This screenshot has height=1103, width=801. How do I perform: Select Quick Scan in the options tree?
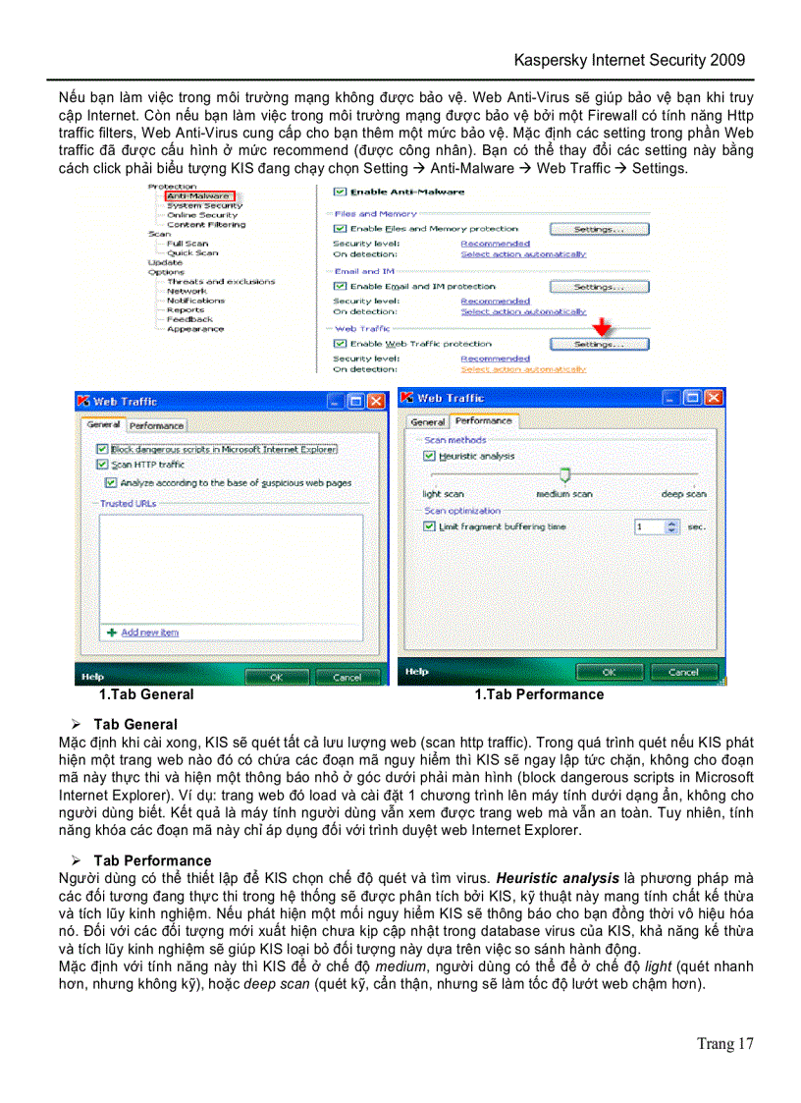[x=192, y=252]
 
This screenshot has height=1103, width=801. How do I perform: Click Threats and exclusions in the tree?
[x=220, y=281]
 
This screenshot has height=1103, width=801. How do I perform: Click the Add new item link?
[x=149, y=633]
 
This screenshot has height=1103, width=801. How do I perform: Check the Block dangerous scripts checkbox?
[x=102, y=449]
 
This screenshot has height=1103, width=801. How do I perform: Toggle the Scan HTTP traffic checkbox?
[x=102, y=465]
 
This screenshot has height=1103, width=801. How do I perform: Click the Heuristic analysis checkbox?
[x=429, y=457]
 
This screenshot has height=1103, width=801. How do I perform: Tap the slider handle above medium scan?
[x=564, y=475]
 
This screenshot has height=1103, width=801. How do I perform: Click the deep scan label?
[x=683, y=494]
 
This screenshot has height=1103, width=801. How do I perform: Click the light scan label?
[x=443, y=494]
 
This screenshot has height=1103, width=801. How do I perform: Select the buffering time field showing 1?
[x=649, y=526]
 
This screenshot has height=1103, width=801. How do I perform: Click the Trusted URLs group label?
[x=129, y=503]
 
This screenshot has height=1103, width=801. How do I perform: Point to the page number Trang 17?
[x=724, y=1043]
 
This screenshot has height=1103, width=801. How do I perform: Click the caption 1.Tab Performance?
[x=539, y=694]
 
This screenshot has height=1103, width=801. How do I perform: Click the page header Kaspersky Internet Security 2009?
[x=629, y=60]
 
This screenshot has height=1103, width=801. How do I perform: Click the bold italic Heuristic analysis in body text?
[x=557, y=877]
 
